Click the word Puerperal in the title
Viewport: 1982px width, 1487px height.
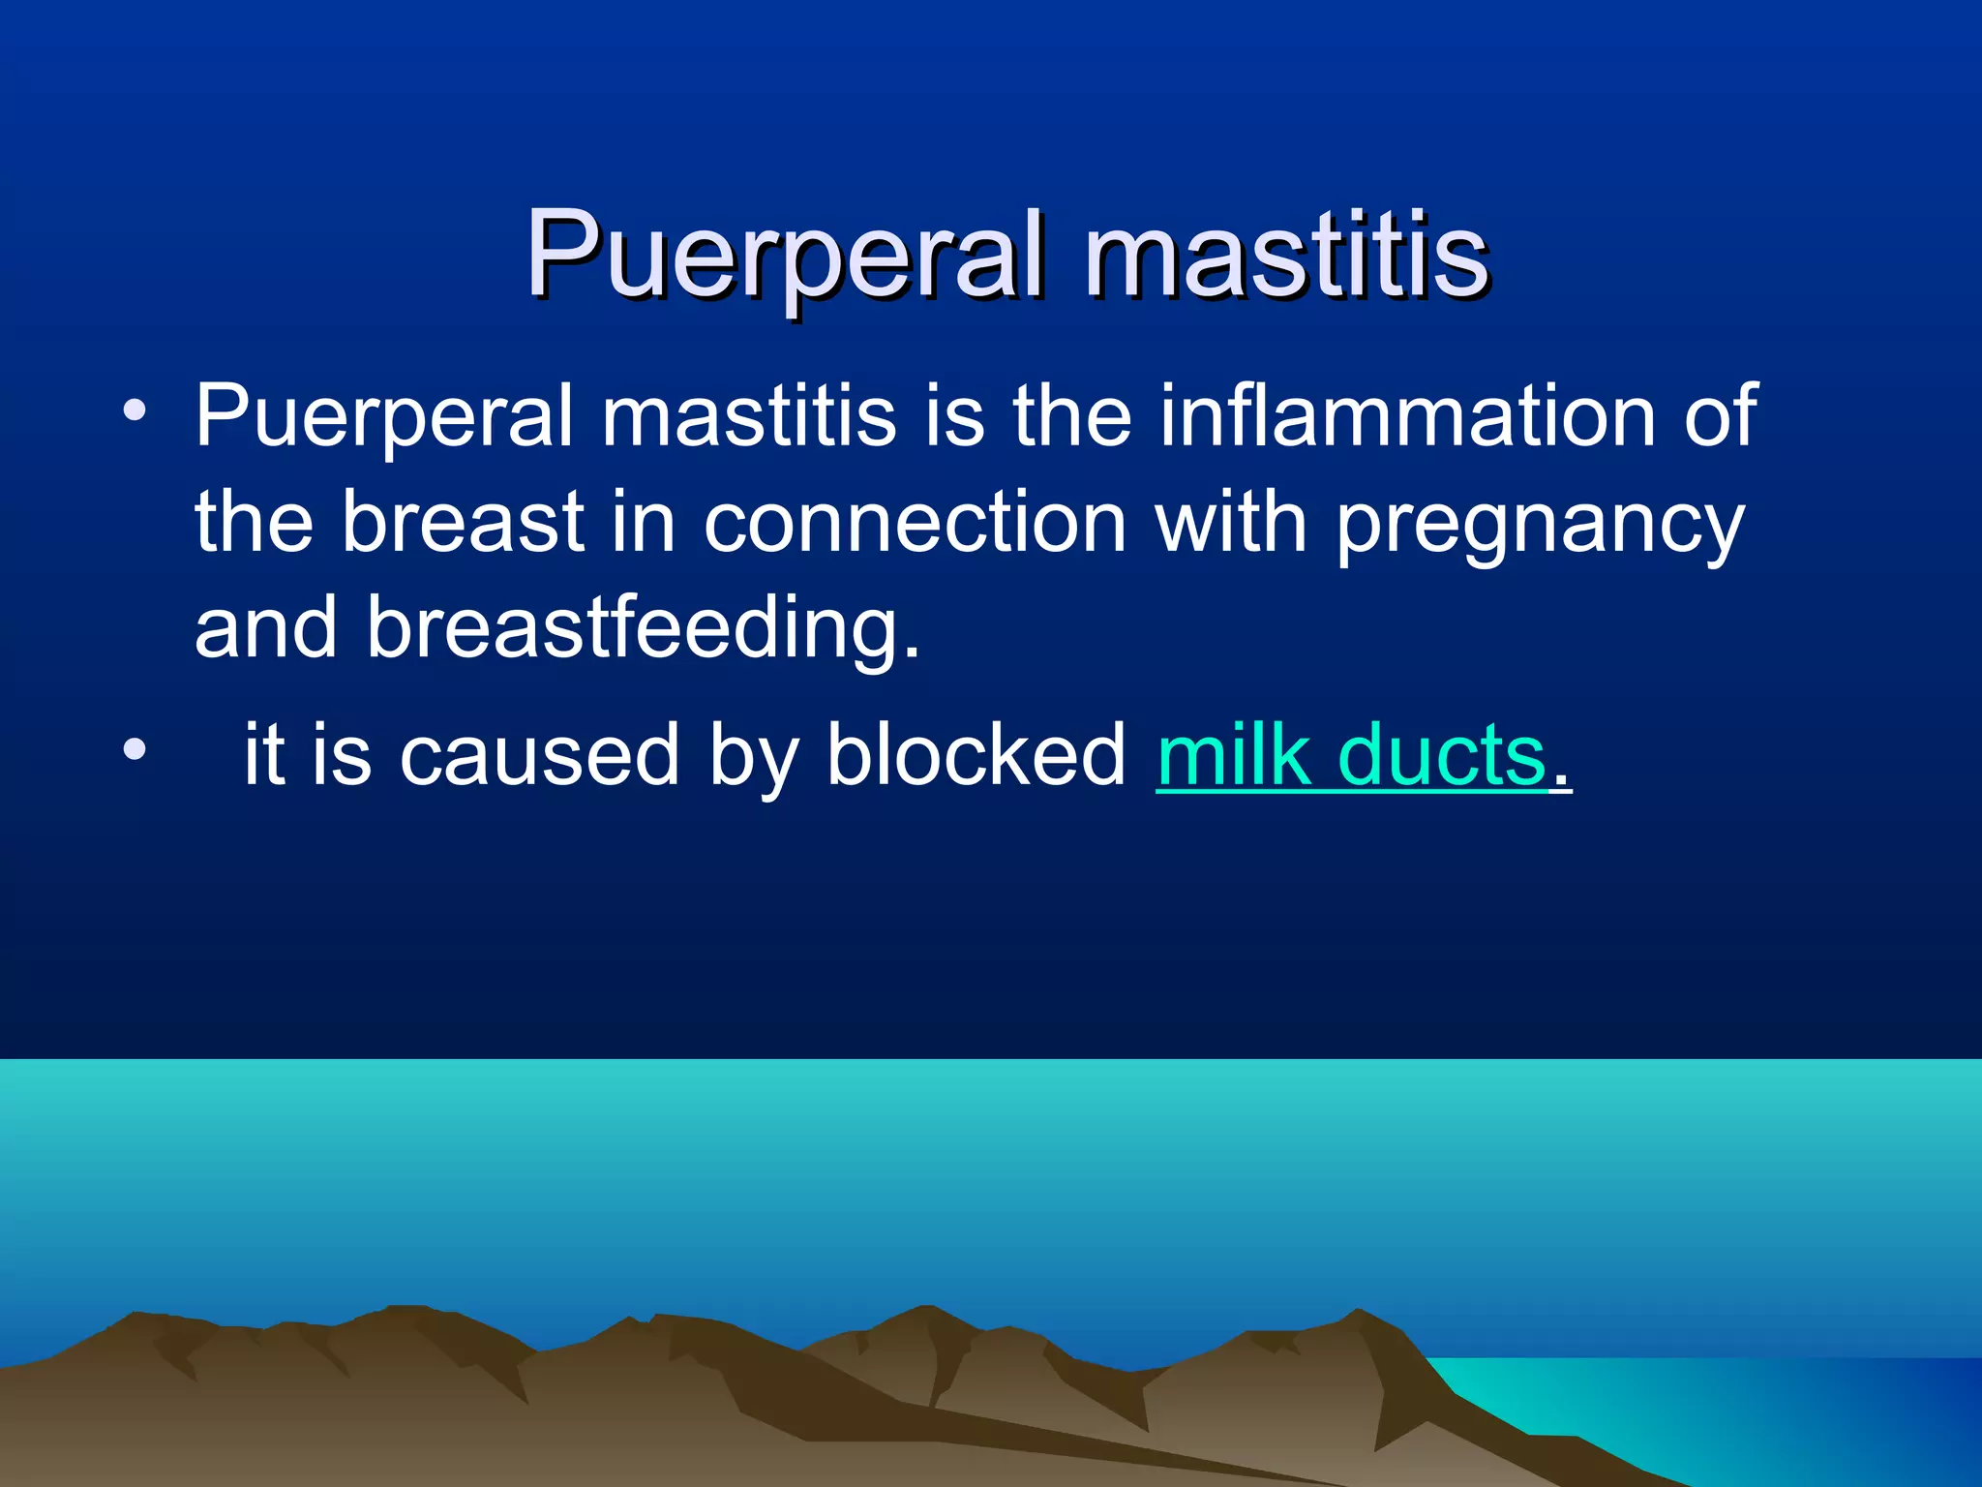[785, 256]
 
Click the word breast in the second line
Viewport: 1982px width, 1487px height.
[464, 522]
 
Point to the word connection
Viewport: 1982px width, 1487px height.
[915, 522]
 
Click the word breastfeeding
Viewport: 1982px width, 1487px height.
[644, 628]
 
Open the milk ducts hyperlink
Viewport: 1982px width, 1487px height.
[1351, 755]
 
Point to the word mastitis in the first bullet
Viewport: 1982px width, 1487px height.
[749, 415]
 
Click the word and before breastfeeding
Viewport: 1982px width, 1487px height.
[266, 628]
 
